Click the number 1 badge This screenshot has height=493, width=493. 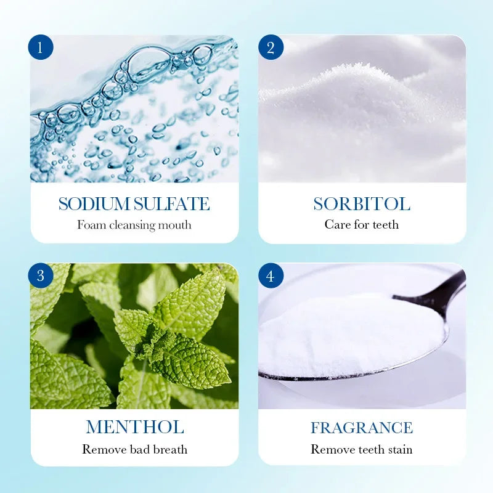tap(41, 47)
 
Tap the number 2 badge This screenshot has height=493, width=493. tap(271, 47)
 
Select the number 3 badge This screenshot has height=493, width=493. tap(41, 275)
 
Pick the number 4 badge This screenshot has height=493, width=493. tap(271, 275)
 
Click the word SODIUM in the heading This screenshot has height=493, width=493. tap(94, 204)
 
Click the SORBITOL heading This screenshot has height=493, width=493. tap(362, 204)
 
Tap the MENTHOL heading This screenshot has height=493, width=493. tap(135, 427)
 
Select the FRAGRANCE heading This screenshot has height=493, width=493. tap(362, 428)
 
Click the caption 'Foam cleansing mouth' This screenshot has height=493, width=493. tap(134, 225)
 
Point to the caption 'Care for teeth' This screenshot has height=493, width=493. tap(362, 225)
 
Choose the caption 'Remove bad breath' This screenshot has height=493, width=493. tap(134, 449)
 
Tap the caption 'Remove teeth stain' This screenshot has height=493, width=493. tap(362, 449)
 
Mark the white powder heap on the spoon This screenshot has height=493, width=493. tap(345, 333)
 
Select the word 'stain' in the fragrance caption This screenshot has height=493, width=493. tap(398, 449)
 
